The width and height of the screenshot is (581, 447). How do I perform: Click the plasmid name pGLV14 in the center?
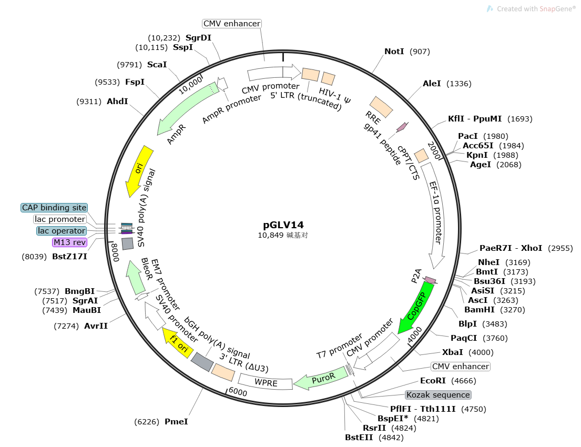[x=283, y=225]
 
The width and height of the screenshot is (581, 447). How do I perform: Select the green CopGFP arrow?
[x=416, y=307]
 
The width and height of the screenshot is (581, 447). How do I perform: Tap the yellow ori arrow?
[x=139, y=171]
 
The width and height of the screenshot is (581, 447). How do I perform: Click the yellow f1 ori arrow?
[x=178, y=343]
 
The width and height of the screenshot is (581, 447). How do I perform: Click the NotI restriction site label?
[x=394, y=52]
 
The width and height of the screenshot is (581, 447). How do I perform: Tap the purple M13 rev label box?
[x=69, y=242]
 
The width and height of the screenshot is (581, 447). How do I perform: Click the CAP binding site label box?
[x=54, y=208]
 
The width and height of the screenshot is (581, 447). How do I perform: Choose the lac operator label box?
[x=62, y=231]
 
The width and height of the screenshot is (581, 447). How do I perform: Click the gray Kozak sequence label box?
[x=438, y=395]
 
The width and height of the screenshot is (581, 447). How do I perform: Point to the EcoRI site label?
[x=433, y=381]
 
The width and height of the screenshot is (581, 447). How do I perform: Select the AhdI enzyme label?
[x=117, y=101]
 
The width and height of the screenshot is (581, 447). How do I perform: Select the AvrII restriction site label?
[x=96, y=326]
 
